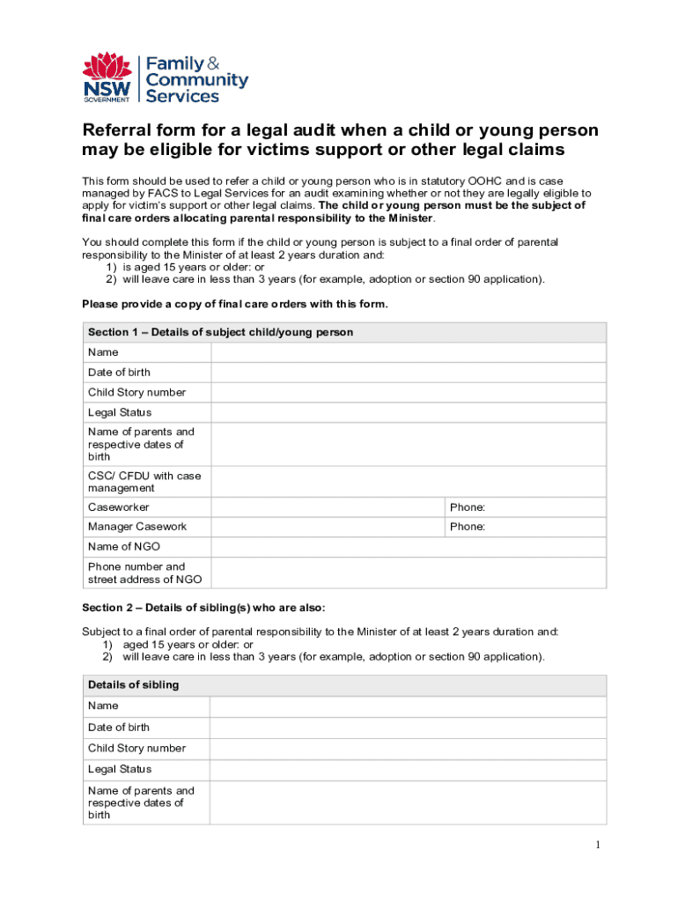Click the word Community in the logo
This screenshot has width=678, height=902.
click(x=196, y=80)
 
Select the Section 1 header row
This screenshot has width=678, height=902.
click(x=343, y=332)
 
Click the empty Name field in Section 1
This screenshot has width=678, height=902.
click(x=409, y=352)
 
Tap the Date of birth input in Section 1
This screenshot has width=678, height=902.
click(x=409, y=373)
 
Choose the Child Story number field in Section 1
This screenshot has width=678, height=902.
click(x=409, y=393)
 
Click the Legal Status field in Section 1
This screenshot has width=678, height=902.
click(x=409, y=412)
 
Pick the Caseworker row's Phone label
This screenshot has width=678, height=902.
click(x=468, y=507)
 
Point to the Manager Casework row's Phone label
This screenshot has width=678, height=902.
click(x=468, y=527)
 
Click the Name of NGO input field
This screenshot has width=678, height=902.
click(x=409, y=547)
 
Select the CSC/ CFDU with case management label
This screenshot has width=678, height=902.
click(x=144, y=482)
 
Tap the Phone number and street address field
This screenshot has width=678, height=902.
click(x=409, y=573)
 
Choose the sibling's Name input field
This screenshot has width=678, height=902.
click(x=407, y=706)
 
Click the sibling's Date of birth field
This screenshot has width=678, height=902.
click(x=407, y=728)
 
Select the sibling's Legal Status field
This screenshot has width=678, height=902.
click(x=407, y=770)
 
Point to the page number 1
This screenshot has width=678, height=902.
click(x=597, y=846)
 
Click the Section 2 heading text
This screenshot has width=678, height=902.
click(x=203, y=608)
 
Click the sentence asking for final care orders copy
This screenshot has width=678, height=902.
click(x=234, y=304)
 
